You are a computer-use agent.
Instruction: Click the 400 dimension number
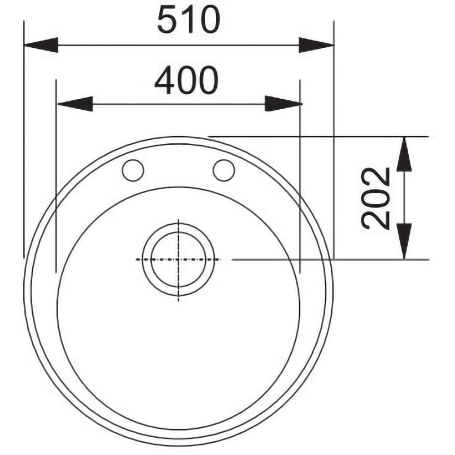(x=186, y=80)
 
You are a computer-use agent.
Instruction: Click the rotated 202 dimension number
(x=376, y=198)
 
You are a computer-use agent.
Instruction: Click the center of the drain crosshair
(x=178, y=259)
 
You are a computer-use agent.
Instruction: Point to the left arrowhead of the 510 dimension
(x=41, y=45)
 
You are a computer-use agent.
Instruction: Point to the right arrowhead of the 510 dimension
(x=316, y=45)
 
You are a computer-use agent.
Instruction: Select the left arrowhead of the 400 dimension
(x=76, y=104)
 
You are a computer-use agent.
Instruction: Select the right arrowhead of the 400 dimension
(x=283, y=104)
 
